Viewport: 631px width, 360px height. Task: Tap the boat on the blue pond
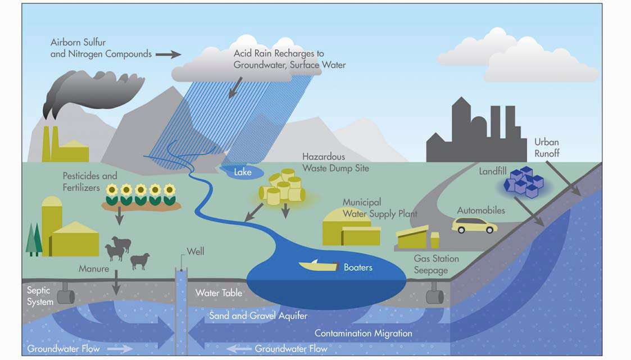click(x=318, y=266)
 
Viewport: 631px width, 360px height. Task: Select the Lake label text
click(x=243, y=172)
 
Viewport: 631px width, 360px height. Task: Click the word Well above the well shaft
click(x=196, y=252)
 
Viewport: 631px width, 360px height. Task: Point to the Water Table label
click(x=219, y=293)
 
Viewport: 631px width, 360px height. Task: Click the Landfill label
click(x=493, y=171)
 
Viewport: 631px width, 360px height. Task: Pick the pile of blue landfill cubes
click(x=524, y=183)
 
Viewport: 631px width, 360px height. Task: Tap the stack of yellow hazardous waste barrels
click(x=282, y=187)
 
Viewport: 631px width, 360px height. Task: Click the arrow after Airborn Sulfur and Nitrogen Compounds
click(x=168, y=54)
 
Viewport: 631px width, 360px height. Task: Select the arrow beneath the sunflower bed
click(x=119, y=218)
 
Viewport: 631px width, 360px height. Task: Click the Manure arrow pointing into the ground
click(x=116, y=282)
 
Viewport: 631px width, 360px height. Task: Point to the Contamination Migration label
click(x=364, y=334)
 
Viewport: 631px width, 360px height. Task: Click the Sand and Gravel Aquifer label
click(x=258, y=316)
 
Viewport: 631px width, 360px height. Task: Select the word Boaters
click(x=358, y=267)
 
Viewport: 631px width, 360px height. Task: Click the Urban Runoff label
click(x=547, y=148)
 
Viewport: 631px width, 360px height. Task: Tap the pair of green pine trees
click(x=34, y=240)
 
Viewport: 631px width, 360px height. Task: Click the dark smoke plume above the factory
click(x=93, y=93)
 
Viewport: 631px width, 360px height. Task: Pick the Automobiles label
click(x=481, y=211)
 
